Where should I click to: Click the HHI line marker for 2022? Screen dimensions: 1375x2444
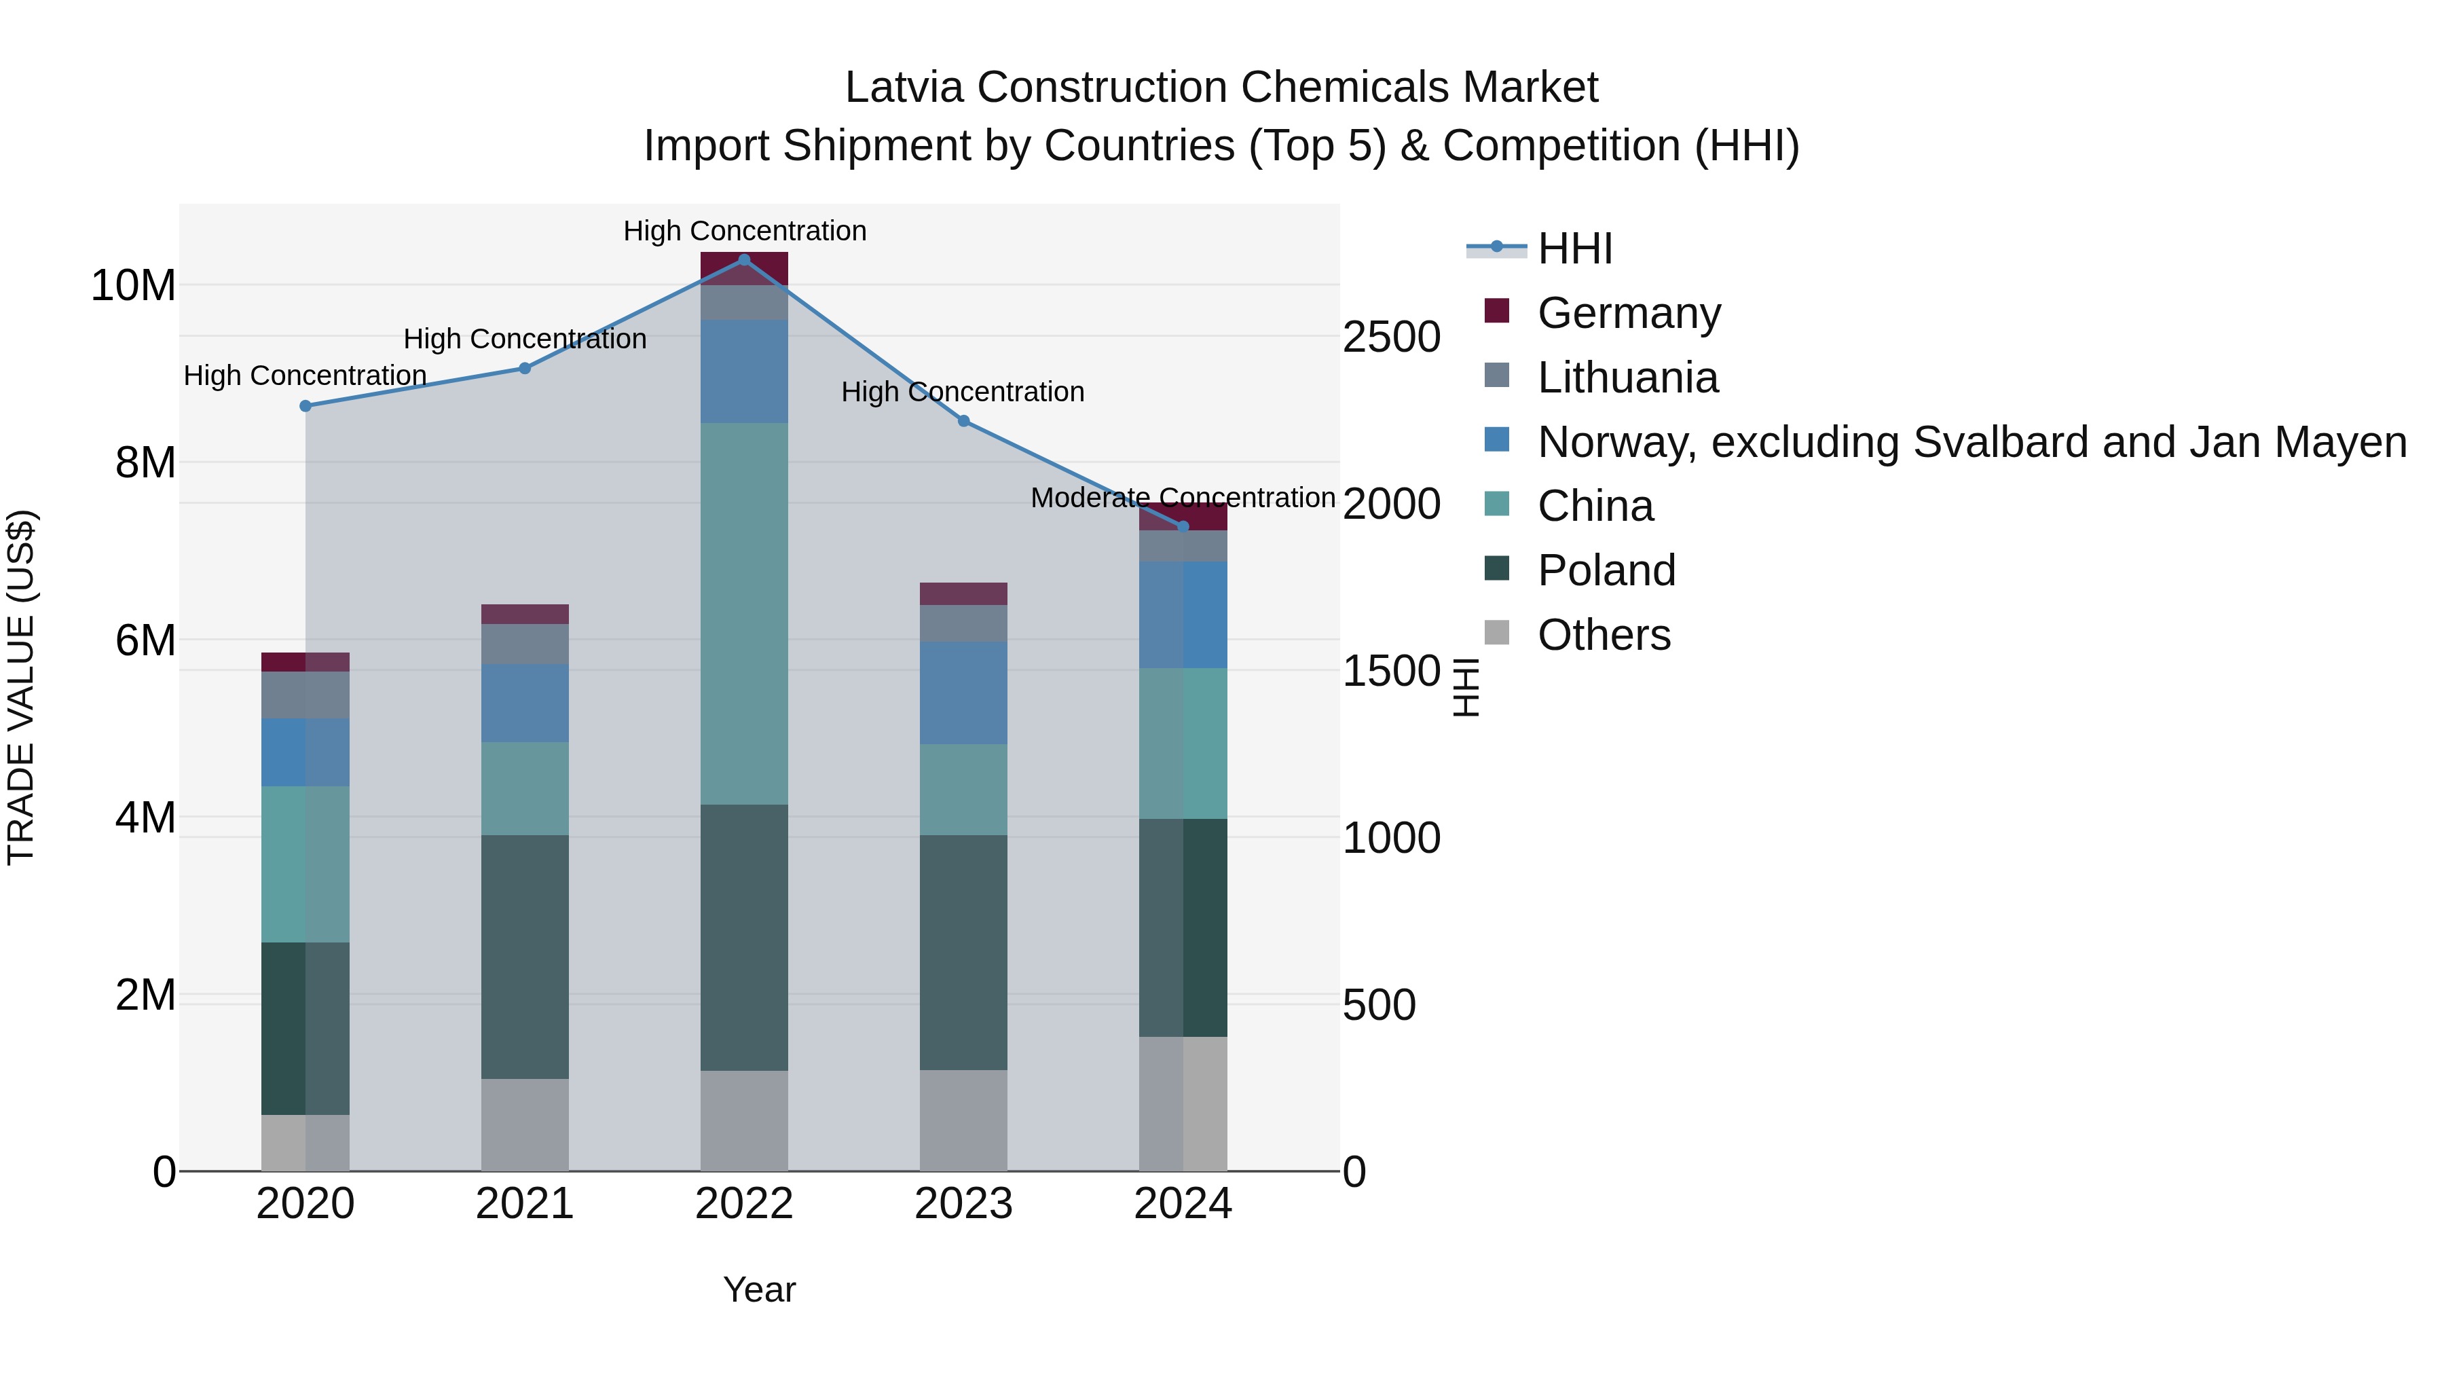[744, 259]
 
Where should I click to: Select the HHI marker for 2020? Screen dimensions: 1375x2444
[305, 406]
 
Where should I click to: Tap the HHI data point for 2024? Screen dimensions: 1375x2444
[1182, 527]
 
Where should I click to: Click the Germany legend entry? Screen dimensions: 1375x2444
[1628, 313]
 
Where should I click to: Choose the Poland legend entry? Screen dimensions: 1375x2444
[1606, 570]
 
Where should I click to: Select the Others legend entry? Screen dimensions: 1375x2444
[1604, 635]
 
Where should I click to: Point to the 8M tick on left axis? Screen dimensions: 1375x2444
[145, 463]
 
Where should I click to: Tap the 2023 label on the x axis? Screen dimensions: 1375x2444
[963, 1204]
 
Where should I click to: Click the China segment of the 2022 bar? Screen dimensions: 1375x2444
[744, 613]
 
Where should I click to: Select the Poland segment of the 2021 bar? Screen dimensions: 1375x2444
[525, 957]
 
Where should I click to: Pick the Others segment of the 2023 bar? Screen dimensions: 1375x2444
[963, 1120]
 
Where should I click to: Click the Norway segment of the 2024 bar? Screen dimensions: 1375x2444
[1182, 615]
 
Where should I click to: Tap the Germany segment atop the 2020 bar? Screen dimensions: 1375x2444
[305, 661]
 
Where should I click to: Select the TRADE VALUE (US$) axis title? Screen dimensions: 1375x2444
[21, 687]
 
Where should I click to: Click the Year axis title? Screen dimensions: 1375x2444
[759, 1289]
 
